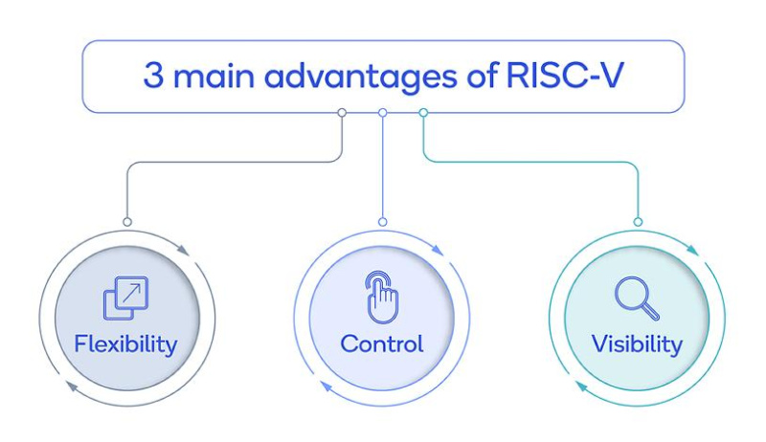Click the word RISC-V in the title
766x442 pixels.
pyautogui.click(x=564, y=76)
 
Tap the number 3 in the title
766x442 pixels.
pyautogui.click(x=153, y=76)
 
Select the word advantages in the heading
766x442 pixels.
pyautogui.click(x=361, y=77)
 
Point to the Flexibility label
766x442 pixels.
pyautogui.click(x=125, y=344)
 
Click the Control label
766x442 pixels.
pyautogui.click(x=381, y=344)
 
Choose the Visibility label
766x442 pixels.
pyautogui.click(x=637, y=344)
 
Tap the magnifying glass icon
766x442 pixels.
pyautogui.click(x=637, y=298)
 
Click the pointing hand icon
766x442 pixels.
pyautogui.click(x=382, y=298)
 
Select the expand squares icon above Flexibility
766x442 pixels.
pyautogui.click(x=125, y=298)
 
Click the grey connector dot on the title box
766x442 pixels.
pyautogui.click(x=342, y=113)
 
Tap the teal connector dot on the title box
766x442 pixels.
pyautogui.click(x=423, y=113)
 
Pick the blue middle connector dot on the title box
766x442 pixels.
pyautogui.click(x=382, y=113)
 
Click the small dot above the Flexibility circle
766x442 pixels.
pyautogui.click(x=127, y=222)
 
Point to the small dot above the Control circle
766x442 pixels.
pyautogui.click(x=382, y=222)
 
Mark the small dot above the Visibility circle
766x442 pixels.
pyautogui.click(x=638, y=222)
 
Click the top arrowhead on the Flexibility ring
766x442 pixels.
pyautogui.click(x=183, y=250)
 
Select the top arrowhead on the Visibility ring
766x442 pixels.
pyautogui.click(x=692, y=250)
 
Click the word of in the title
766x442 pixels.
pyautogui.click(x=483, y=76)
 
